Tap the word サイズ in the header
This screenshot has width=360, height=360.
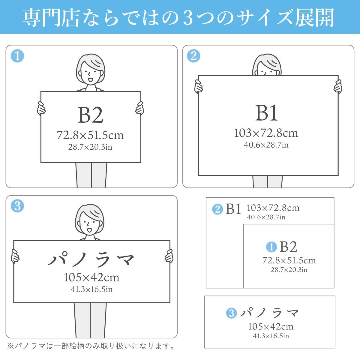point(269,17)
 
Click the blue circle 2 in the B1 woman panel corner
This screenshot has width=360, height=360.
point(193,56)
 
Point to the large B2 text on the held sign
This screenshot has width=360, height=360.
point(90,115)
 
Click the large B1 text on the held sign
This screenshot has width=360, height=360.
point(266,113)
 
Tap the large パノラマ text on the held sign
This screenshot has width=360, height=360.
point(91,259)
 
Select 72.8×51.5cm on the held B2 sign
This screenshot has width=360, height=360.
point(90,135)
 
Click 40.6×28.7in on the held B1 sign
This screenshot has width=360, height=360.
point(266,145)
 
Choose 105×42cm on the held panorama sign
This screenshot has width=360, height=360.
point(91,277)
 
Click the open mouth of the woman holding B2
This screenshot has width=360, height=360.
point(90,80)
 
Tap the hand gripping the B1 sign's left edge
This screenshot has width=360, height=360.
point(198,86)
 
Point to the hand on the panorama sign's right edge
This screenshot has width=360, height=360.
point(169,256)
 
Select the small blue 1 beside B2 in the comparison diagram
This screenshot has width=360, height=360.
point(271,247)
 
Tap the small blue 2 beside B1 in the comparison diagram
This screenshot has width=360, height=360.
point(217,209)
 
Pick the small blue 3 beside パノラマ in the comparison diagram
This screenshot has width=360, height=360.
point(231,313)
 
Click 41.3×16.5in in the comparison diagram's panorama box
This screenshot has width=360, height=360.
point(271,336)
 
